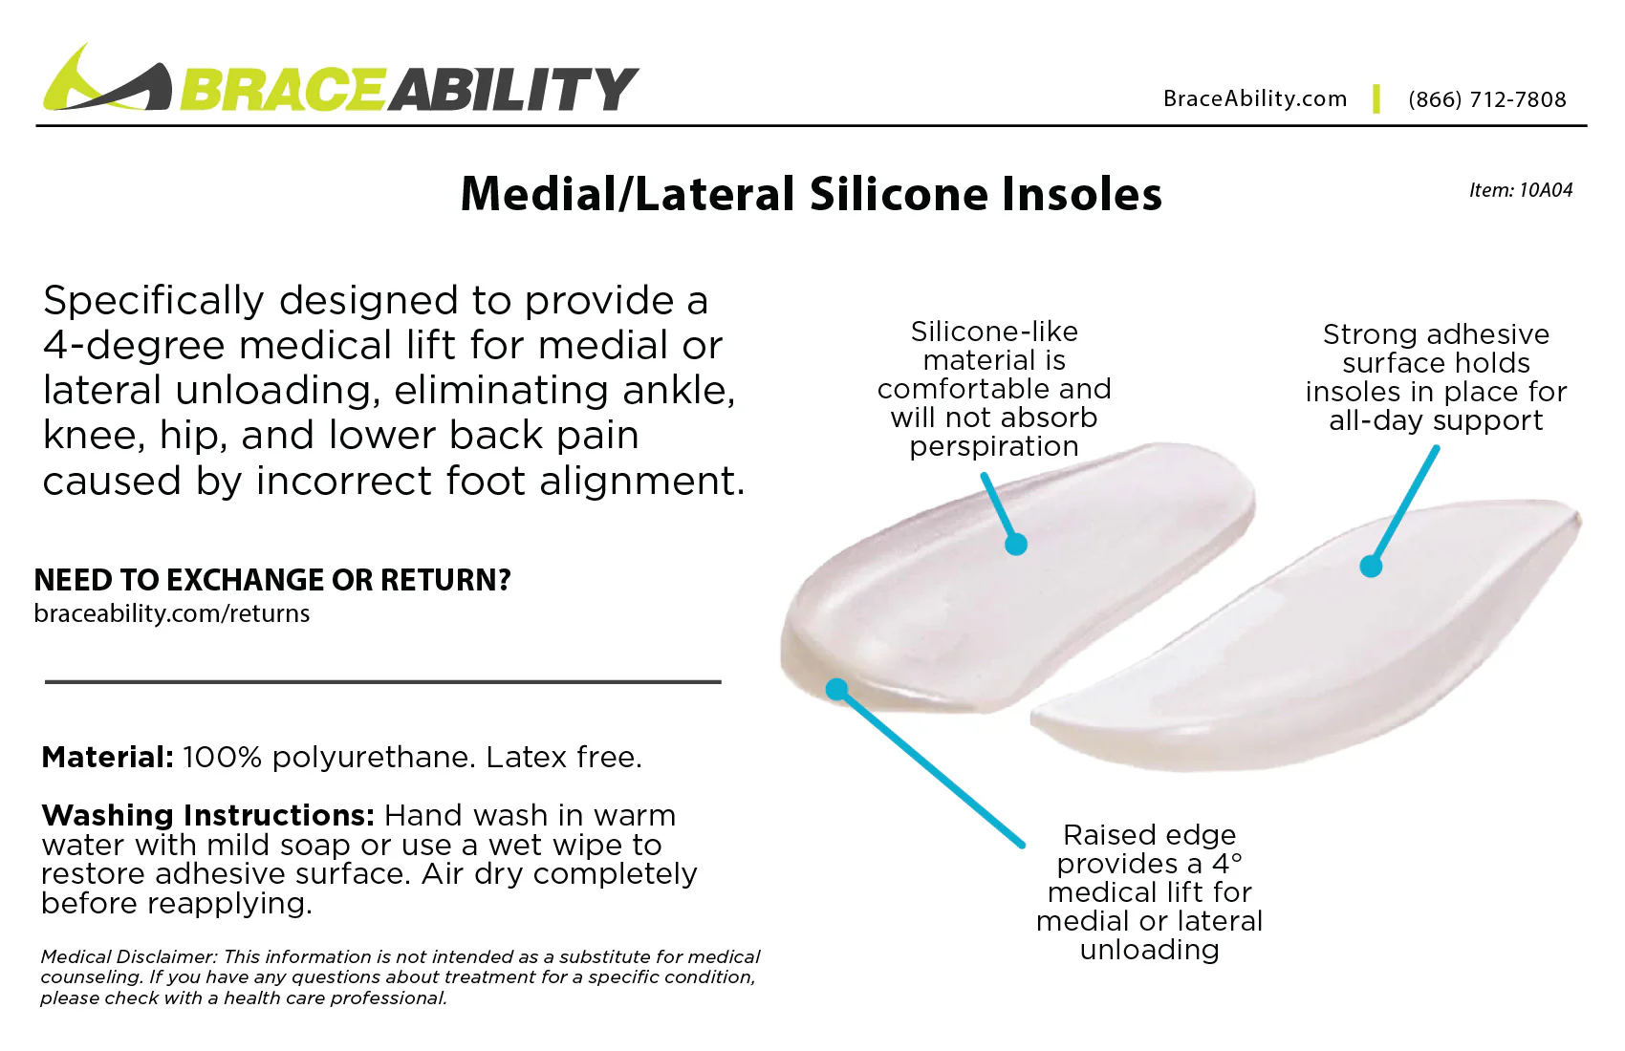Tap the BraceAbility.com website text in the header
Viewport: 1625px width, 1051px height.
1254,98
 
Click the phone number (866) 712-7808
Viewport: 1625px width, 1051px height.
1486,99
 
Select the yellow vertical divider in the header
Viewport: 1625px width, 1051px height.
1376,98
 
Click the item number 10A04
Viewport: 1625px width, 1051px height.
1545,190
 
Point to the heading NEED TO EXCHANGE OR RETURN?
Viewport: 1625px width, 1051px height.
272,580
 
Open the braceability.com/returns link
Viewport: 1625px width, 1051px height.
172,613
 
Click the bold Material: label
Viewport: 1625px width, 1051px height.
107,758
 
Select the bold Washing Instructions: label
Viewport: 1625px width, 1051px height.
207,815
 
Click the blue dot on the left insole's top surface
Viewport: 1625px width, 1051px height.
1016,545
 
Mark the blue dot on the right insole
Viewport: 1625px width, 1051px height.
1371,567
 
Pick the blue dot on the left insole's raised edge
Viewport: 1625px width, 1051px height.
837,689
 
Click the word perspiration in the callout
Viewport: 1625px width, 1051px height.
994,446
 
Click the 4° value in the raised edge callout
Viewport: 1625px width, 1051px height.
1227,864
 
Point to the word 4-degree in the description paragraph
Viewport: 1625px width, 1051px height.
135,345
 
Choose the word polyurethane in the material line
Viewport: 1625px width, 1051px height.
373,758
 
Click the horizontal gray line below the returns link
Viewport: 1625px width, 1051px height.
382,682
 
